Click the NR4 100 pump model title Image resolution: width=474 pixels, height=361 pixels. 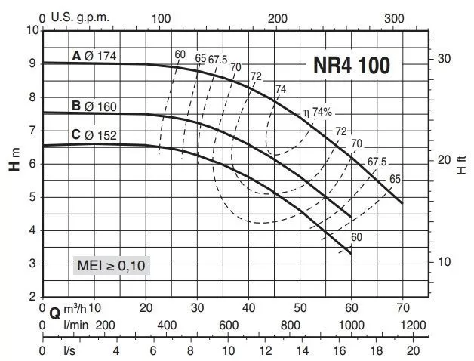click(351, 66)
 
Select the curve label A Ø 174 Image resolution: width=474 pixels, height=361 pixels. click(94, 55)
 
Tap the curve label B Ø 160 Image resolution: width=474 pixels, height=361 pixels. click(94, 106)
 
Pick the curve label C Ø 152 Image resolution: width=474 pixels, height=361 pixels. click(94, 135)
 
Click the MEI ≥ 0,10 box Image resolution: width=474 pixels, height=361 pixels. click(113, 265)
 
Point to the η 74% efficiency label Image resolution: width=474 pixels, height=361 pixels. click(317, 112)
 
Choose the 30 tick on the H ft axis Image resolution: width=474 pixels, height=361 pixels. click(445, 58)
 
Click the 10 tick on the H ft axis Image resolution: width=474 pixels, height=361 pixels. click(445, 261)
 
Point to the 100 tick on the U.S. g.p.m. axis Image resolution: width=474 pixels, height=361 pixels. click(160, 18)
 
